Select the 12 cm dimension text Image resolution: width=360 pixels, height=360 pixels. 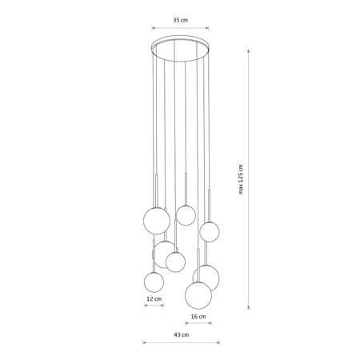pos(154,299)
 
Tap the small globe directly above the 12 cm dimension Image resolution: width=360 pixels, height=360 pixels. pos(154,281)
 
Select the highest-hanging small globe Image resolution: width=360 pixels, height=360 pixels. pos(186,214)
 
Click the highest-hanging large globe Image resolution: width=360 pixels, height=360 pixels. pos(155,220)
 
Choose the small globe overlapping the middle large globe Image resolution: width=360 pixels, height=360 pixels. pos(176,261)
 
